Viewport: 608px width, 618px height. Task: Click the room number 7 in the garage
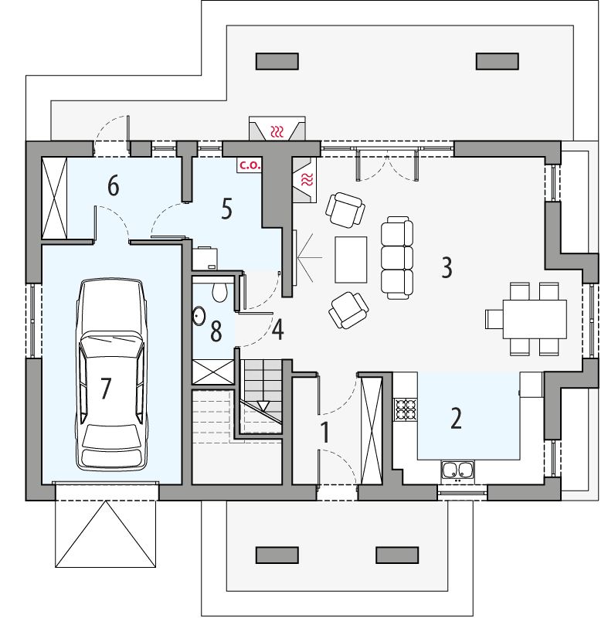pos(106,388)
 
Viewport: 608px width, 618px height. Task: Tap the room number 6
pos(114,186)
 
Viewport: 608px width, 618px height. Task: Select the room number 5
pos(226,209)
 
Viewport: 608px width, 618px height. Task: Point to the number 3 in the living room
pos(447,267)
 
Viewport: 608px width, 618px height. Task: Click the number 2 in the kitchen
pos(456,418)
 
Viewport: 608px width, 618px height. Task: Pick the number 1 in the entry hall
pos(325,433)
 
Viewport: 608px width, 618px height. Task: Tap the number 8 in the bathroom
pos(216,332)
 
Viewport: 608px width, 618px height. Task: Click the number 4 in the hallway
pos(277,330)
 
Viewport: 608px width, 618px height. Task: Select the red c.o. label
pos(249,165)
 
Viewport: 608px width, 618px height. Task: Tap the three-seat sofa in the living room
pos(397,257)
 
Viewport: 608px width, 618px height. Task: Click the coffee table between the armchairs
pos(352,259)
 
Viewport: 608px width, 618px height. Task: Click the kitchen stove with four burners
pos(405,409)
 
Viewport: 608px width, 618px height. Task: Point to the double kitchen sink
pos(458,469)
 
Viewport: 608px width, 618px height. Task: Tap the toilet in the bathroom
pos(219,290)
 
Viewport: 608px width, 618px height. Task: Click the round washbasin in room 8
pos(199,315)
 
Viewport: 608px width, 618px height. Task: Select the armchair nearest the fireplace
pos(345,209)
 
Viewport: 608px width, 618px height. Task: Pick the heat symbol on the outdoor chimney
pos(277,130)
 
